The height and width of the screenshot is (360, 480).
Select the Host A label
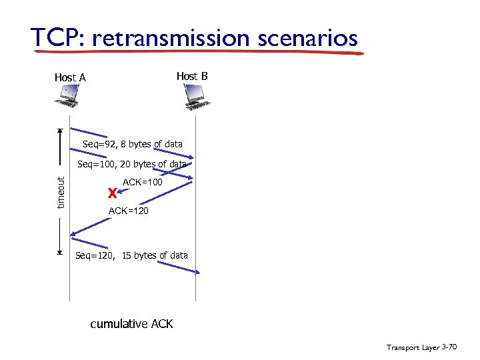point(70,78)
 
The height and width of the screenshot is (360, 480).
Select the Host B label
point(192,76)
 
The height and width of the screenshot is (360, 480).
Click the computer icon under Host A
point(68,99)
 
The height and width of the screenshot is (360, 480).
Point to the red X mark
point(112,193)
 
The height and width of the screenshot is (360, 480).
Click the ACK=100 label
point(142,181)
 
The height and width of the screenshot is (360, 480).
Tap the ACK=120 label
point(128,211)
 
